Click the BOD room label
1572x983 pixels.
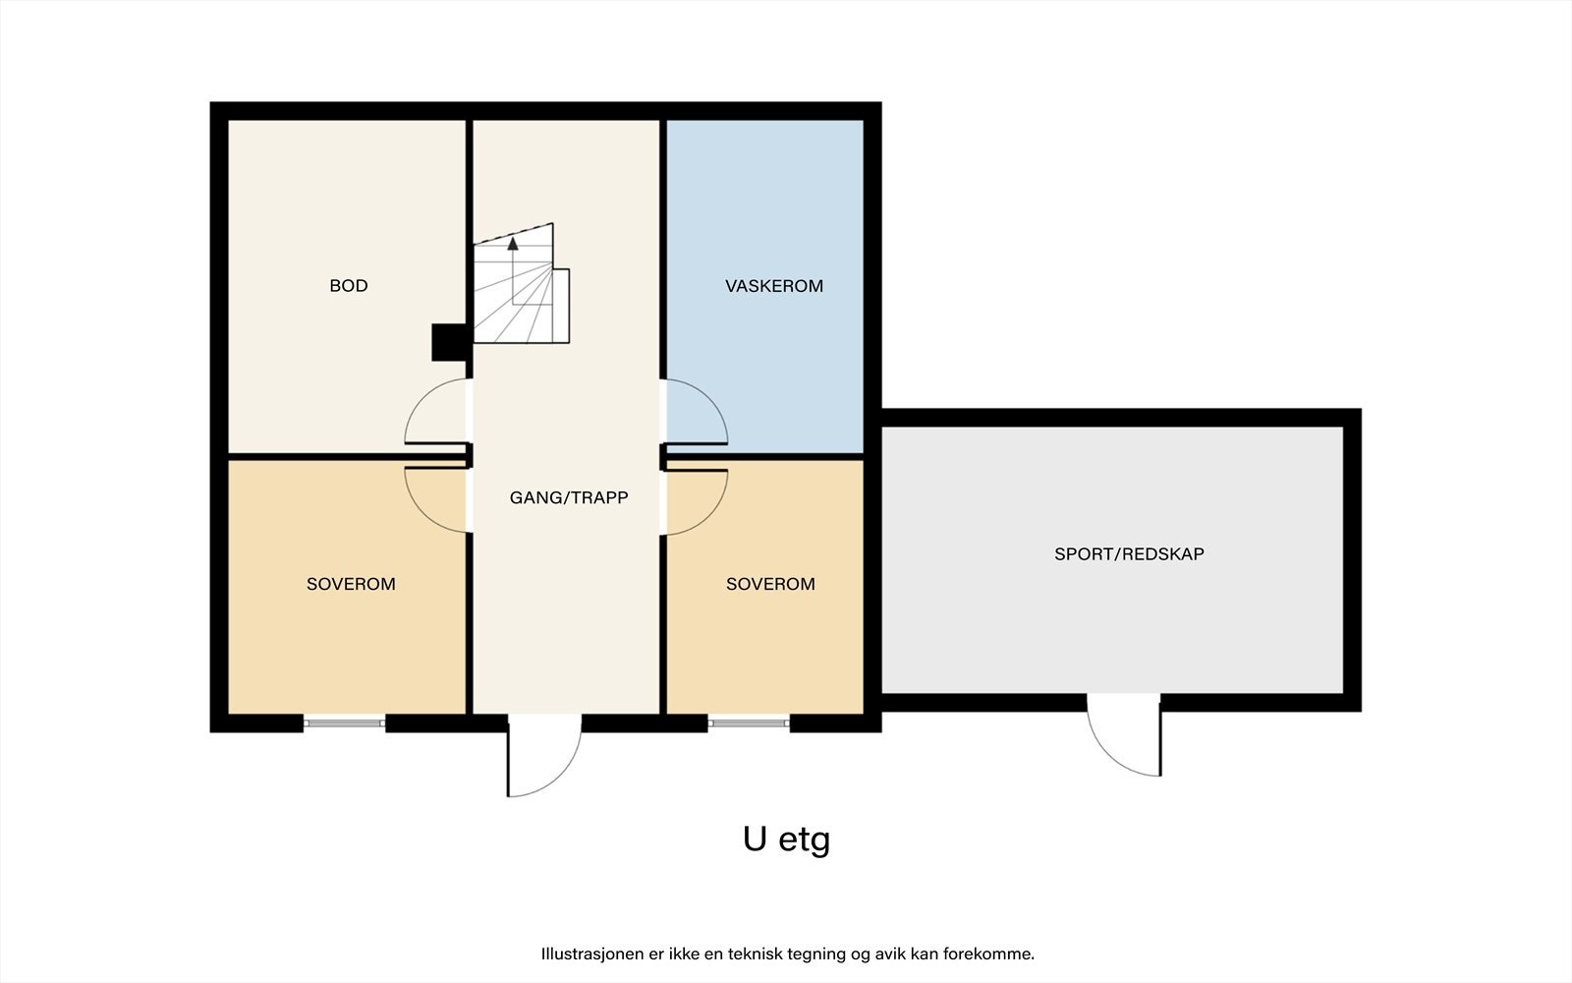click(x=349, y=286)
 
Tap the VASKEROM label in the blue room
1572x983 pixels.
click(x=774, y=286)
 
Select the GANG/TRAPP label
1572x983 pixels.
click(x=569, y=497)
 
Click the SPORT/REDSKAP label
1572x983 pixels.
click(x=1129, y=553)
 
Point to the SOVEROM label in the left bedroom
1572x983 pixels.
click(x=351, y=584)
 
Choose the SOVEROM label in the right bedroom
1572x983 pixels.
click(x=770, y=584)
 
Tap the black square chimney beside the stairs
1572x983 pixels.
click(x=449, y=342)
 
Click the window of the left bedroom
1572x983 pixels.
click(x=344, y=723)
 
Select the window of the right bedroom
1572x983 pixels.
click(x=749, y=723)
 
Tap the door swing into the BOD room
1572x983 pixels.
click(x=434, y=413)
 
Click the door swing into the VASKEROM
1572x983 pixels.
click(x=698, y=413)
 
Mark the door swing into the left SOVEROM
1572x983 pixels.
click(x=434, y=499)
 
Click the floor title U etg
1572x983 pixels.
click(x=786, y=839)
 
